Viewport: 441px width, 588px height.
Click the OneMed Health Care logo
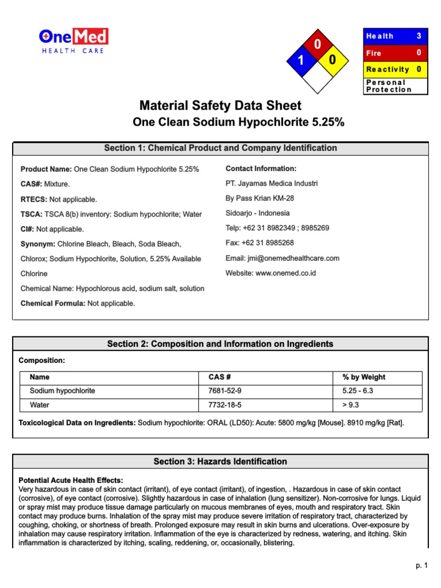pyautogui.click(x=73, y=41)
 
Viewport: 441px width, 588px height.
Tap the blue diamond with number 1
pyautogui.click(x=299, y=60)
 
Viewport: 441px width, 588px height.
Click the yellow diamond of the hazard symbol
pyautogui.click(x=332, y=60)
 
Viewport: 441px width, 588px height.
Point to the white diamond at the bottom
pyautogui.click(x=316, y=77)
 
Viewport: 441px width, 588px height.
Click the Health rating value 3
pyautogui.click(x=419, y=36)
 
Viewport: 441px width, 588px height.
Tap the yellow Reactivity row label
pyautogui.click(x=388, y=69)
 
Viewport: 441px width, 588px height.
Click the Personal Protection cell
pyautogui.click(x=396, y=86)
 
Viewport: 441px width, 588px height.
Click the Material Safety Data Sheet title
pyautogui.click(x=220, y=106)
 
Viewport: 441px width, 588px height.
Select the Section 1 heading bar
pyautogui.click(x=220, y=148)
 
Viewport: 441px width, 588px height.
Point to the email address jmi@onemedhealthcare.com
pyautogui.click(x=282, y=258)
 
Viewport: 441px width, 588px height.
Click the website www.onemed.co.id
pyautogui.click(x=270, y=273)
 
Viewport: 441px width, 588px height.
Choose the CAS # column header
pyautogui.click(x=219, y=377)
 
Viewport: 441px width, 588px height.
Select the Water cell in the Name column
pyautogui.click(x=40, y=405)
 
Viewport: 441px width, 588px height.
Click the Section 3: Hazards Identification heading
pyautogui.click(x=220, y=462)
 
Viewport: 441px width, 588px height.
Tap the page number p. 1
pyautogui.click(x=422, y=566)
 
